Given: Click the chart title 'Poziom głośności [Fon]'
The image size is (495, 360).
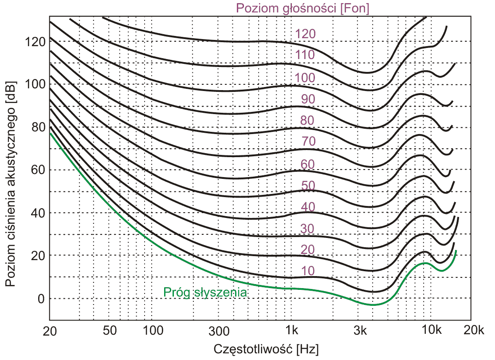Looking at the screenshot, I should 303,8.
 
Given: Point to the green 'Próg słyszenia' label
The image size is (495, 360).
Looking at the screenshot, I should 205,292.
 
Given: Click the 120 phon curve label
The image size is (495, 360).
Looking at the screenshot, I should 305,34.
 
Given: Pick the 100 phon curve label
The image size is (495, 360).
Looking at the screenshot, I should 305,78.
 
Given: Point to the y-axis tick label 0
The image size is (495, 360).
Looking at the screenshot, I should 41,298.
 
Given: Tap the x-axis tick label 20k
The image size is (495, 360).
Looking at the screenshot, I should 474,330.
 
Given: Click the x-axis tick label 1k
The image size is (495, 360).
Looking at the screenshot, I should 291,330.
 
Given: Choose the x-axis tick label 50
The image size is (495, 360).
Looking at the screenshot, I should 109,330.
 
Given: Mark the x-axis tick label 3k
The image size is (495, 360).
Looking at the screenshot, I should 362,330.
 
